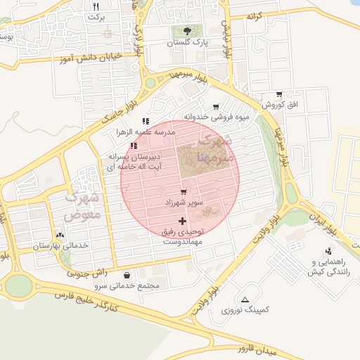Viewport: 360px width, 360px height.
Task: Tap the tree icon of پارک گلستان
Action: (x=187, y=31)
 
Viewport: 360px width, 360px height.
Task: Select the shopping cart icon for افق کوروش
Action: (x=279, y=94)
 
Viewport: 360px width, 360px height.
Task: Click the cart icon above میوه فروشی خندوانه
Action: (x=216, y=106)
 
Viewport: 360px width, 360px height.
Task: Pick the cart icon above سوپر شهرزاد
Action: (x=184, y=191)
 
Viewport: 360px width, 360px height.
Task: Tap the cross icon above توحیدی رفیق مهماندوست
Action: (x=183, y=221)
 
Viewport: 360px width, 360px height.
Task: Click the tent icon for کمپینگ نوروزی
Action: (x=245, y=300)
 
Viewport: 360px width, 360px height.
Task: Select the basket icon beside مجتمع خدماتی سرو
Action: (x=127, y=276)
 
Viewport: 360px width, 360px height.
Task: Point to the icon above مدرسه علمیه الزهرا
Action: (x=146, y=122)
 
